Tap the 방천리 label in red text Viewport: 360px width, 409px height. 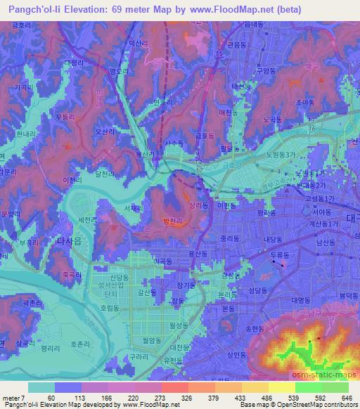173,221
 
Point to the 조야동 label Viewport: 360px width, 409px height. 304,101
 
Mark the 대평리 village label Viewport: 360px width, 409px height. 73,63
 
